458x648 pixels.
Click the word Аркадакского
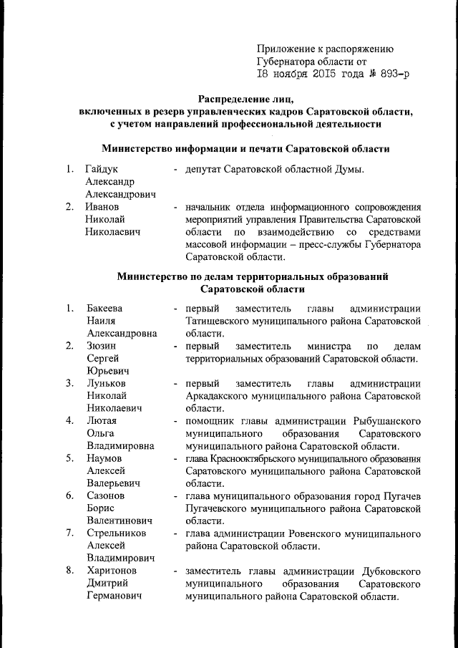coord(220,395)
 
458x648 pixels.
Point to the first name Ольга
coord(101,433)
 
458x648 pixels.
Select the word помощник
coord(211,420)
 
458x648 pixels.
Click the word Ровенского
coord(311,533)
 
